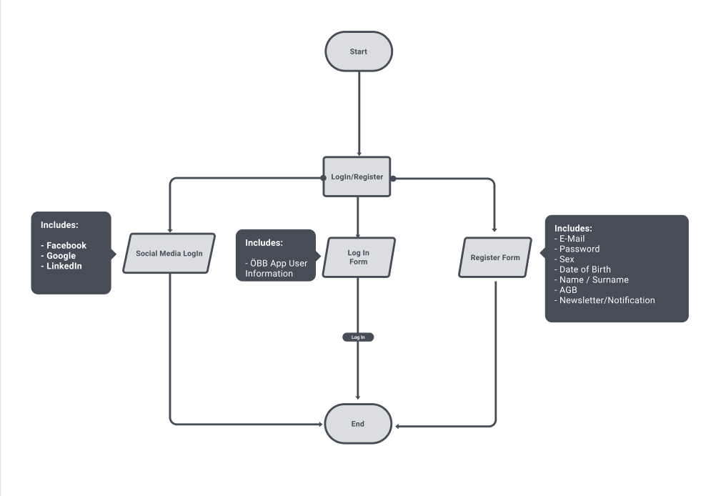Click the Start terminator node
(x=359, y=51)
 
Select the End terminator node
(x=358, y=424)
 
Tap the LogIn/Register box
(x=357, y=177)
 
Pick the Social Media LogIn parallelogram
(x=169, y=253)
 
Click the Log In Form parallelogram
(x=359, y=257)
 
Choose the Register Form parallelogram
(x=495, y=257)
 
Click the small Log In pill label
(x=358, y=337)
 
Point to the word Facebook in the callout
(x=66, y=245)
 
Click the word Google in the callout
(x=61, y=256)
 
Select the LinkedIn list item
(x=61, y=266)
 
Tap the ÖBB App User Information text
(x=277, y=268)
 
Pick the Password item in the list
(x=577, y=249)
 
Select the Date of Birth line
(x=582, y=269)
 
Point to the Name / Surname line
(x=591, y=279)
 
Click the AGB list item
(x=566, y=290)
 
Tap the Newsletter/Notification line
(x=605, y=300)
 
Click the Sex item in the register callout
(x=564, y=259)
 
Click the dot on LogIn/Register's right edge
(x=393, y=178)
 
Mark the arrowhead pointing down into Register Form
(x=494, y=229)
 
